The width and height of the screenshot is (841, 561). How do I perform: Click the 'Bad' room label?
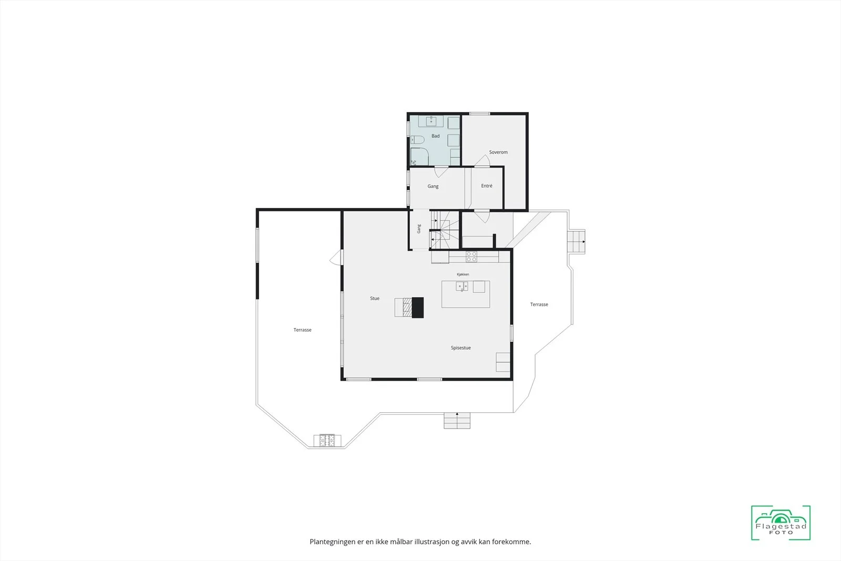436,136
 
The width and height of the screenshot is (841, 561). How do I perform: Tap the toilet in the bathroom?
417,140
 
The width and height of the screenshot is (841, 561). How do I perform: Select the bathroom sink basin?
431,121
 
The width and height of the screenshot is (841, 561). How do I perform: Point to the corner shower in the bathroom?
419,157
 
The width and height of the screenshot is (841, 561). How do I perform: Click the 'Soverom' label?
498,152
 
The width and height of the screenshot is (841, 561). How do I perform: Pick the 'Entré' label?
487,186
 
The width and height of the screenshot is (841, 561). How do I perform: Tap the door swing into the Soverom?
482,161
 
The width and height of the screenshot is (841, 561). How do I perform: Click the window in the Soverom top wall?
480,114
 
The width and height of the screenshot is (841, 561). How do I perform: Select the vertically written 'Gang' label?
418,229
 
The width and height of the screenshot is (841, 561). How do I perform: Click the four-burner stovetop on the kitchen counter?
471,257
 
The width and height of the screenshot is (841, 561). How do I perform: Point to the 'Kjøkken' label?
463,274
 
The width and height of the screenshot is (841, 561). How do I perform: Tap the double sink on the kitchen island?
462,287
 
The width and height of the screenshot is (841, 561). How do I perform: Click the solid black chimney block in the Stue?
418,308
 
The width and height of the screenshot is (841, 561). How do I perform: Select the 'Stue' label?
375,298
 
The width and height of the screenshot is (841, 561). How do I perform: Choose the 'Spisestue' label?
460,348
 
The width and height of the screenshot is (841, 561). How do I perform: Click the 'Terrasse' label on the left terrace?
302,330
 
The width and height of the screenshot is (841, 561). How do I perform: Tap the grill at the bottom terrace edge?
327,441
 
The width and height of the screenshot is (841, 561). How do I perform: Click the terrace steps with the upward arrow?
457,421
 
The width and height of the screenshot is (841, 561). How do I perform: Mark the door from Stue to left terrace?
336,257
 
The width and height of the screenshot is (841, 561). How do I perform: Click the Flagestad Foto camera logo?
781,523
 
